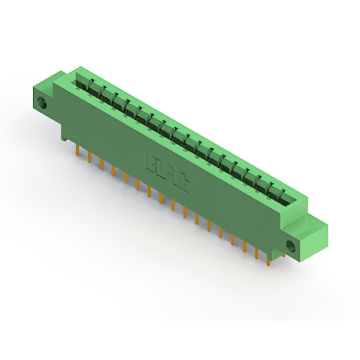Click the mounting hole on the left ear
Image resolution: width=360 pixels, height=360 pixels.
[x=41, y=103]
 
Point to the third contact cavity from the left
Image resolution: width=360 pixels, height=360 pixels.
[x=107, y=97]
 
